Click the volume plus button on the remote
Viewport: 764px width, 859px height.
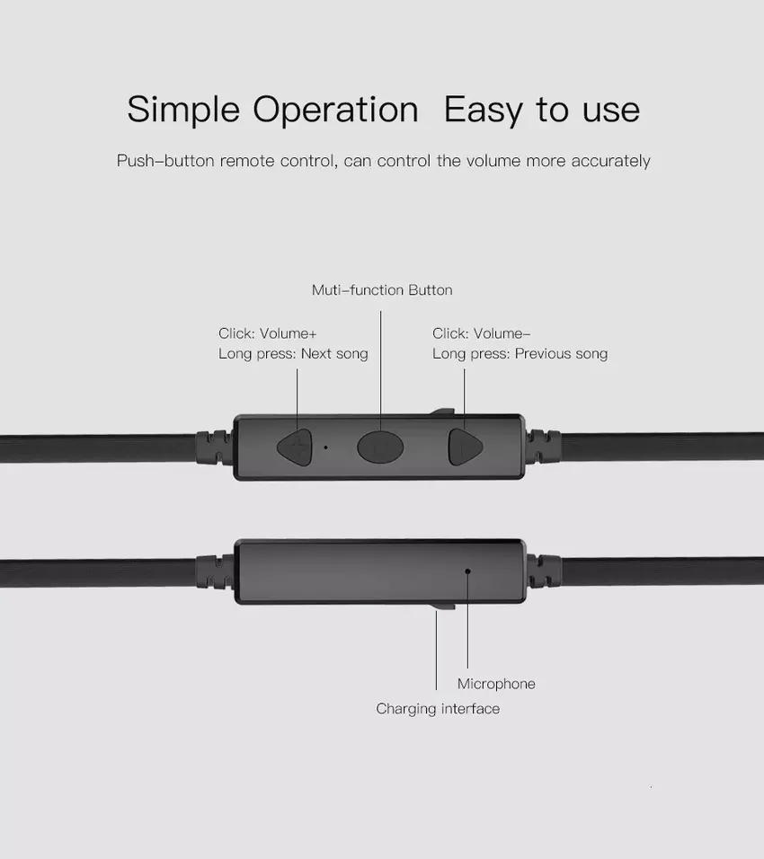295,447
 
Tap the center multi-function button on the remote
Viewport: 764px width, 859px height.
380,447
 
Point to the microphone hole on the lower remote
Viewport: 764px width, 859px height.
467,571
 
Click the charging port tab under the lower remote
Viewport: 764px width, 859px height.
443,606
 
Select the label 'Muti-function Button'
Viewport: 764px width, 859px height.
382,290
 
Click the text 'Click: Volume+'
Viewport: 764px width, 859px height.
268,333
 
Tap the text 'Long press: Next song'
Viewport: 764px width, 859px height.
293,354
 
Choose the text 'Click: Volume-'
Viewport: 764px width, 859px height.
481,333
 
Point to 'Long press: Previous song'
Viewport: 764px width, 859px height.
520,354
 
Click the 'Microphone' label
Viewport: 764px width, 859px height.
496,684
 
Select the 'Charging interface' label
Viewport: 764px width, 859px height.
438,709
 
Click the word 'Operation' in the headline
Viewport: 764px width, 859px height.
335,110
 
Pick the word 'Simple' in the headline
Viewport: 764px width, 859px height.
183,110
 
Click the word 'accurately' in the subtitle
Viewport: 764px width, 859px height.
610,161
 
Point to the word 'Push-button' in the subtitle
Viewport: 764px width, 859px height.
165,161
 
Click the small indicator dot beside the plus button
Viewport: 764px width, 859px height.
326,447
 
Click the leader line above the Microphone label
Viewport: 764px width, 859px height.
467,620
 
